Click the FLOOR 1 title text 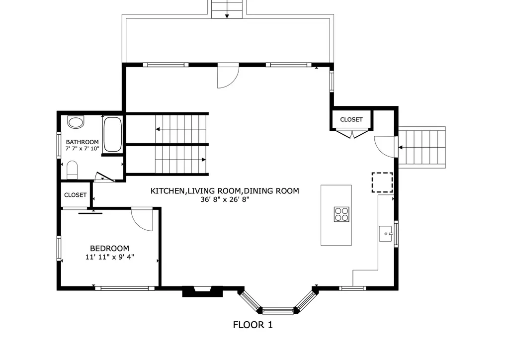tap(253, 325)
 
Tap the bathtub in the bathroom tap(112, 134)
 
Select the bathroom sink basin tap(76, 122)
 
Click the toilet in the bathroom tap(73, 170)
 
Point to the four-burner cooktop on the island tap(341, 214)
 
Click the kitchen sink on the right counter tap(386, 233)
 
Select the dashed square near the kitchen tap(382, 182)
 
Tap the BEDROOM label tap(109, 248)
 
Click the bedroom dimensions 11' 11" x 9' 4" tap(109, 257)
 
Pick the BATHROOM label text tap(83, 142)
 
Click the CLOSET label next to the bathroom tap(76, 195)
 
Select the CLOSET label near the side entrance tap(351, 120)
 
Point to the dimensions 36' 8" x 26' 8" tap(225, 199)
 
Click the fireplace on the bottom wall tap(202, 291)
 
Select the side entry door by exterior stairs tap(384, 146)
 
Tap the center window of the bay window tap(278, 311)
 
